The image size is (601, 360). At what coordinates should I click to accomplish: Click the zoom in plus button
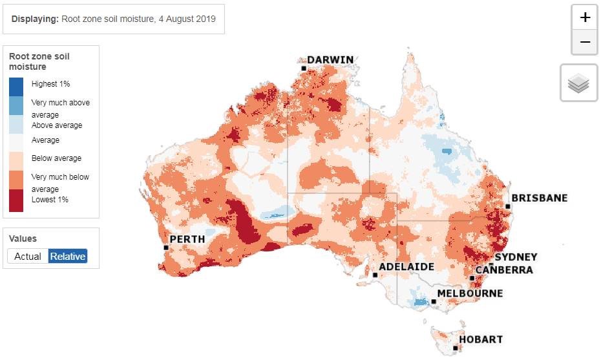[585, 17]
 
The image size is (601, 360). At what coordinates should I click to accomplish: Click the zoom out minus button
[585, 42]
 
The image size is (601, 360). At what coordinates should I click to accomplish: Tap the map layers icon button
[578, 83]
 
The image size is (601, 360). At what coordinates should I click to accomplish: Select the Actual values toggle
[28, 256]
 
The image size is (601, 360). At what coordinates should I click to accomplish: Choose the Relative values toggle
[68, 256]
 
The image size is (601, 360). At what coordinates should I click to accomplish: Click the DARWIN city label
[330, 60]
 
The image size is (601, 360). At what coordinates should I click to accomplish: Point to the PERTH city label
[187, 239]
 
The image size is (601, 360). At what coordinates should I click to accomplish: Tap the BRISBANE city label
[539, 198]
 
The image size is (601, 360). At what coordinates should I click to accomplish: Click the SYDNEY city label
[516, 257]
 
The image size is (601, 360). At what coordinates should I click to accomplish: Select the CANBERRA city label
[504, 270]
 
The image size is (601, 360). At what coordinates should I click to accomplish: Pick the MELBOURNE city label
[470, 293]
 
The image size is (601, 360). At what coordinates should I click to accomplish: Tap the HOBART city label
[480, 339]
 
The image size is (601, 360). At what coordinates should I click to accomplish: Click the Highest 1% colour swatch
[17, 86]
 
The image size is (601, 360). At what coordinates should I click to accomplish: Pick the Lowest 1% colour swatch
[17, 201]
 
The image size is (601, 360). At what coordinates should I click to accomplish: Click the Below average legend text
[56, 158]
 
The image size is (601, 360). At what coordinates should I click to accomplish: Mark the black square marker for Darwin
[303, 68]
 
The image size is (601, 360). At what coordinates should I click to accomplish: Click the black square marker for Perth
[166, 248]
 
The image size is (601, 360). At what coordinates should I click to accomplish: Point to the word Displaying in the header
[34, 19]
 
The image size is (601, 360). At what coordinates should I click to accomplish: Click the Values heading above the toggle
[23, 238]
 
